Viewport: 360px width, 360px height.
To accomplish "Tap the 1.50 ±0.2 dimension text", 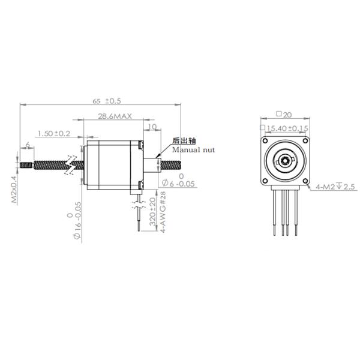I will [x=53, y=133].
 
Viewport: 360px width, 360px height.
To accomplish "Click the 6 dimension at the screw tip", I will [x=28, y=145].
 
